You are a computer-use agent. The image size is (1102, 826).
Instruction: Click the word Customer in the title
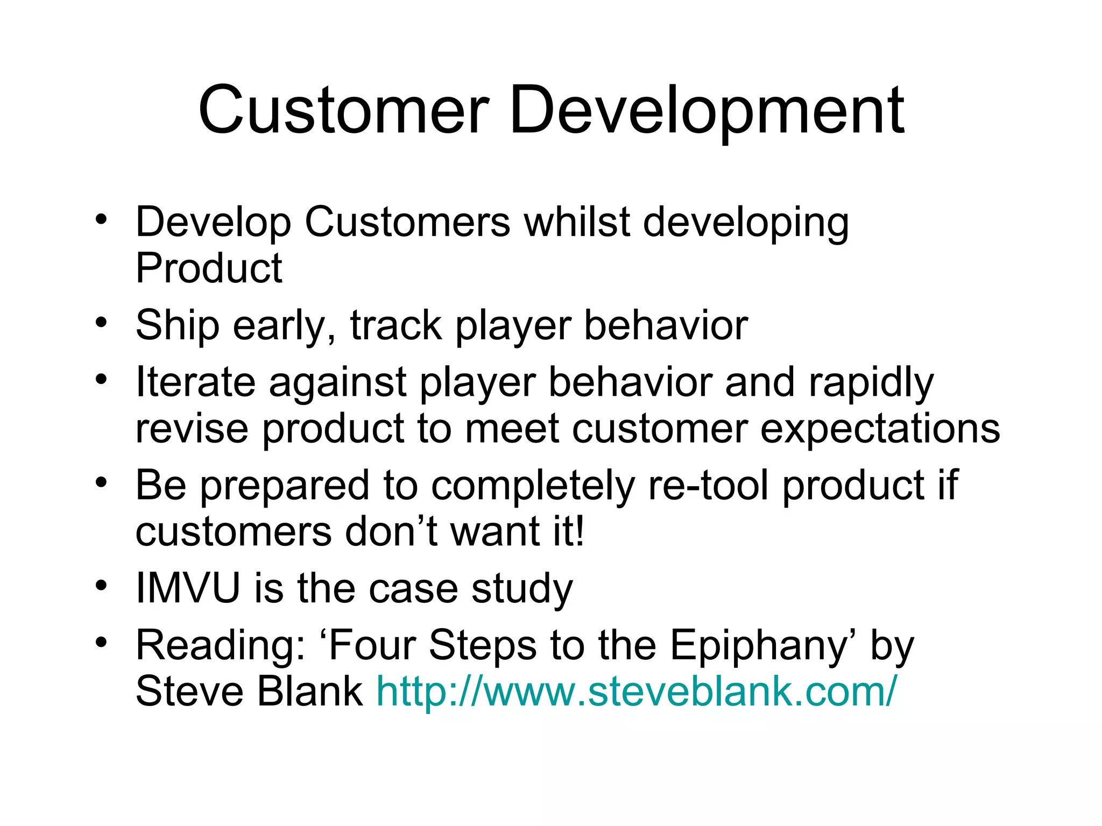(x=343, y=110)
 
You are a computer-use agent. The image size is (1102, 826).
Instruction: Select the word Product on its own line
(x=209, y=268)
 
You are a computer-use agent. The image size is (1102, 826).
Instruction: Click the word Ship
(x=178, y=325)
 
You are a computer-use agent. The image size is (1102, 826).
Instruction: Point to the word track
(x=395, y=325)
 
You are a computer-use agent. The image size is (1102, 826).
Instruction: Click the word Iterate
(x=195, y=382)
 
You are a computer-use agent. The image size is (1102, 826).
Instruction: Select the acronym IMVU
(x=188, y=588)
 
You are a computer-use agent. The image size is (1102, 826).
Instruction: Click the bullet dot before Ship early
(x=101, y=323)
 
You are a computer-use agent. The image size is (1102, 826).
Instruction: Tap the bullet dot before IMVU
(x=101, y=585)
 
